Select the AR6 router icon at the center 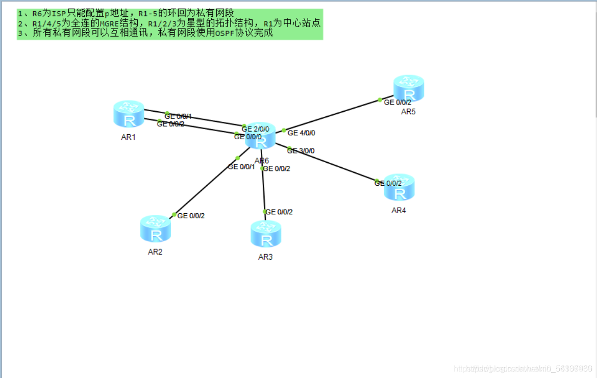pyautogui.click(x=260, y=138)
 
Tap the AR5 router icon pyautogui.click(x=409, y=88)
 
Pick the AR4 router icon pyautogui.click(x=399, y=187)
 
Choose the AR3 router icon pyautogui.click(x=266, y=234)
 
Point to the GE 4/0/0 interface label pyautogui.click(x=302, y=133)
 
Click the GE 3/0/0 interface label pyautogui.click(x=301, y=150)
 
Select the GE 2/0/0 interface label pyautogui.click(x=256, y=129)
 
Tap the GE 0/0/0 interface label pyautogui.click(x=248, y=136)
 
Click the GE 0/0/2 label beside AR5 pyautogui.click(x=397, y=102)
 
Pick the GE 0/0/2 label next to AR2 pyautogui.click(x=191, y=216)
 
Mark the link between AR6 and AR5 pyautogui.click(x=332, y=115)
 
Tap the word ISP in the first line pyautogui.click(x=59, y=14)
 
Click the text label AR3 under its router pyautogui.click(x=265, y=257)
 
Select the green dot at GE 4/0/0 pyautogui.click(x=284, y=131)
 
